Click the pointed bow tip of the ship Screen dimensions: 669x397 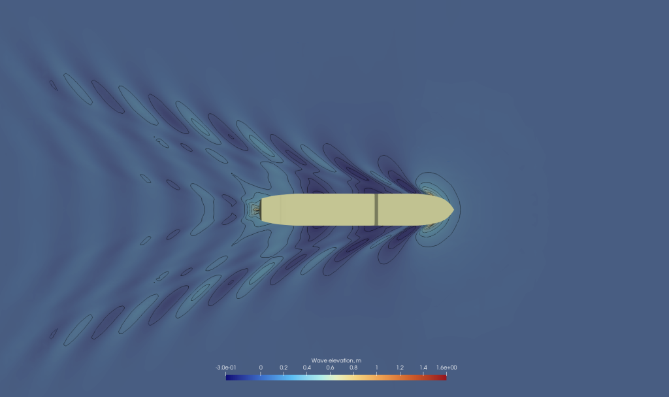pos(453,209)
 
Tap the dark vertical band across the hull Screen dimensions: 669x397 pos(376,209)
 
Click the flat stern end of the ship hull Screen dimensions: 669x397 pos(261,209)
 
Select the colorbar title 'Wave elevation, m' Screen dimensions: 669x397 pos(336,360)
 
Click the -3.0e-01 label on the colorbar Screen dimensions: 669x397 pos(225,368)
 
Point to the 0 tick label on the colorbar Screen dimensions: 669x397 pos(261,368)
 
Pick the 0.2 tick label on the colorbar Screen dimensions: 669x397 pos(284,368)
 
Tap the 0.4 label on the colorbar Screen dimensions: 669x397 pos(307,368)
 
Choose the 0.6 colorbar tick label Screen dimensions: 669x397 pos(330,368)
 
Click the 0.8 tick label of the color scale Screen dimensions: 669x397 pos(353,368)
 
